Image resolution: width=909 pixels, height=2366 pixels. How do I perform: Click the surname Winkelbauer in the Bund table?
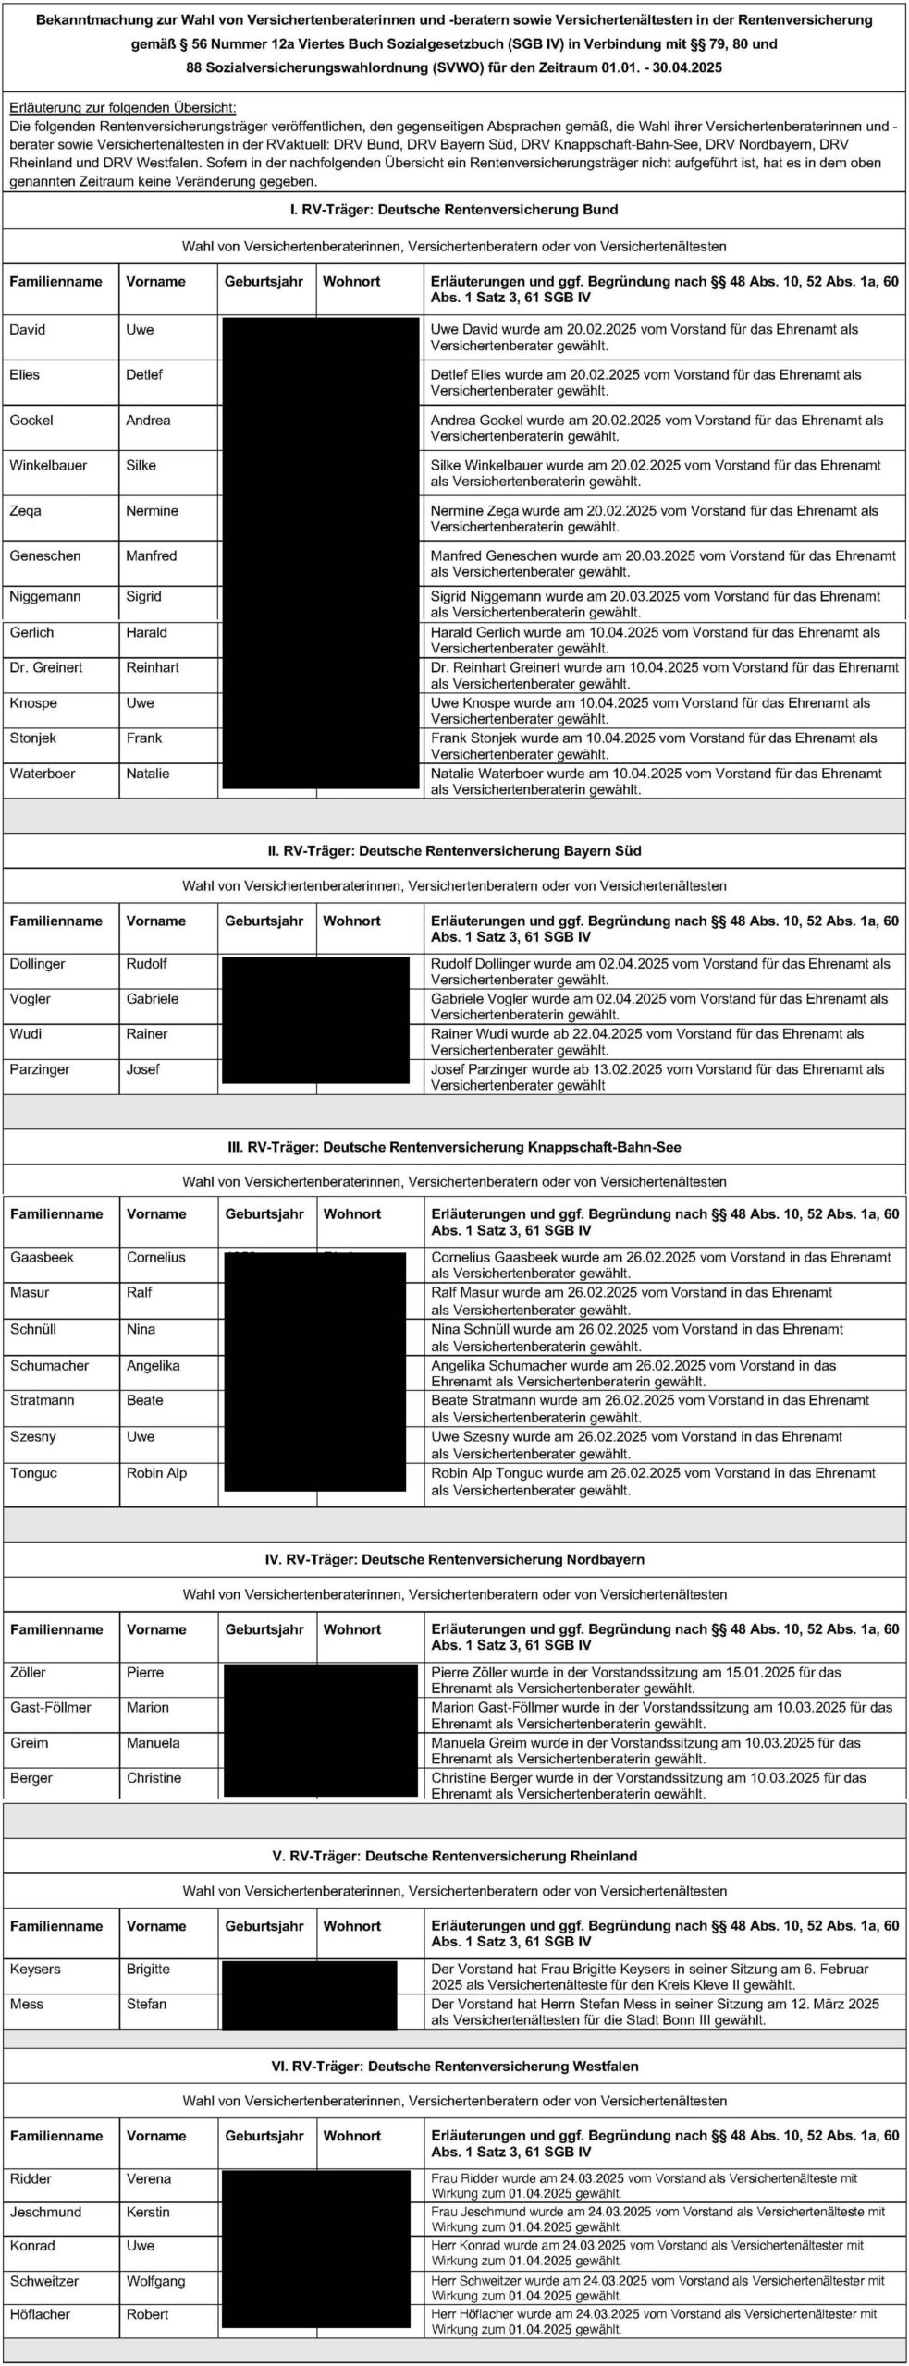48,466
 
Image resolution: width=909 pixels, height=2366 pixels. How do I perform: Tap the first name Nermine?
152,511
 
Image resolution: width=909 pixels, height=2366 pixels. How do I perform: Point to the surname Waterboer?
42,774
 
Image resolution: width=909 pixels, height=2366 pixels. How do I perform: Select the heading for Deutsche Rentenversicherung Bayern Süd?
453,850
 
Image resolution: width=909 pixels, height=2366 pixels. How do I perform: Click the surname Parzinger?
41,1069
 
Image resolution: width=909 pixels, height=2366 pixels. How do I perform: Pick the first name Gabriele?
152,999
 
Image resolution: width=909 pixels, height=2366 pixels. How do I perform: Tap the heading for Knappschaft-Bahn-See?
453,1147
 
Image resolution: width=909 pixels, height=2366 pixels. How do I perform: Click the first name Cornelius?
155,1257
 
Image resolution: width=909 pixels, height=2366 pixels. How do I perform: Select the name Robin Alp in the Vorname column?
156,1473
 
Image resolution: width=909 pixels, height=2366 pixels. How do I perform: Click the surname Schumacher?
50,1365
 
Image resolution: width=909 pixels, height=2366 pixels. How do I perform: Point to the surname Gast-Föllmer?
51,1707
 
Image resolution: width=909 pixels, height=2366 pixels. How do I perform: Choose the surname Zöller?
28,1672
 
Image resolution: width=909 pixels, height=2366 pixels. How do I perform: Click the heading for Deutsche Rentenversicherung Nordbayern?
454,1559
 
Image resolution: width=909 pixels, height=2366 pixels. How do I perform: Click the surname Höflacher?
40,2314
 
